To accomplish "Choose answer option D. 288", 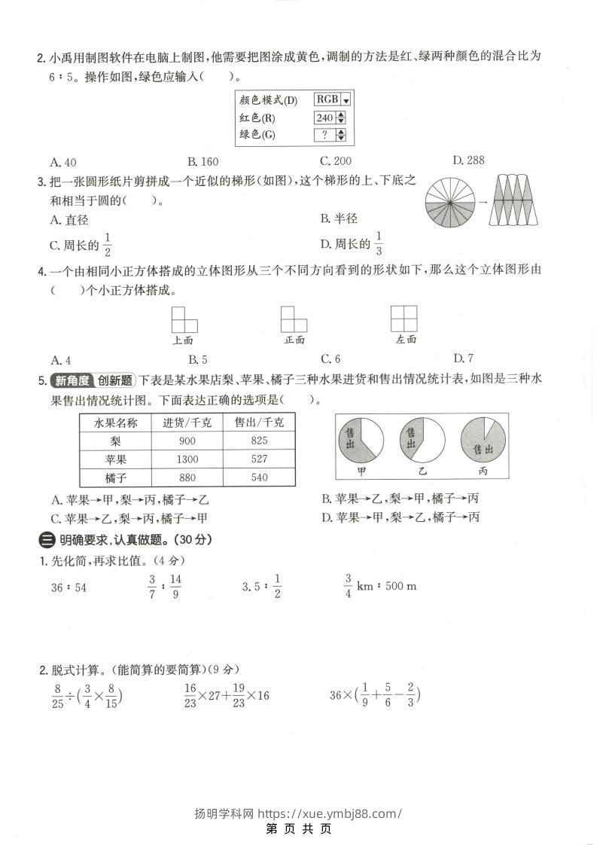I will pyautogui.click(x=468, y=160).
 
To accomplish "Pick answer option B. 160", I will pyautogui.click(x=203, y=161).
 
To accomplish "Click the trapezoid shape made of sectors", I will pyautogui.click(x=516, y=200).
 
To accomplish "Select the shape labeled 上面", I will pyautogui.click(x=184, y=319).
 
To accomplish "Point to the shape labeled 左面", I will pyautogui.click(x=406, y=319).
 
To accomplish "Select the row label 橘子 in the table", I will pyautogui.click(x=115, y=477).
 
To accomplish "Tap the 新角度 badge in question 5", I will pyautogui.click(x=70, y=380).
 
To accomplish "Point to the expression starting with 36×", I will pyautogui.click(x=374, y=695).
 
